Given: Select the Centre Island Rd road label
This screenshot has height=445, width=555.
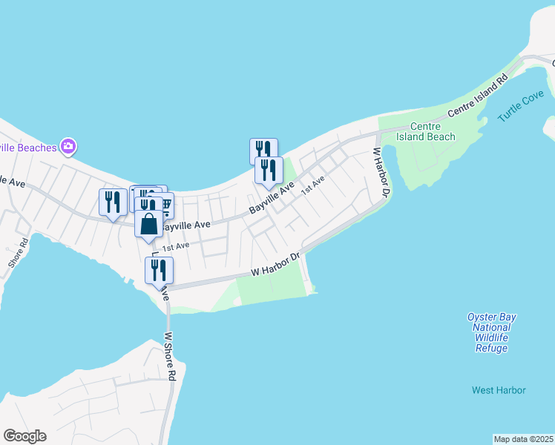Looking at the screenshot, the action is (479, 96).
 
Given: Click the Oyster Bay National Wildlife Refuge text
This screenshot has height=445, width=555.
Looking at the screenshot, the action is (492, 332).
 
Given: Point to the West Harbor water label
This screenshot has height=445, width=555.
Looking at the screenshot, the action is (499, 390).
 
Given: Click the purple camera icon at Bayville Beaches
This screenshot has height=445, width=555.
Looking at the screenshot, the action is (68, 146).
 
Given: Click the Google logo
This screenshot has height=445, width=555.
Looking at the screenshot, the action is (24, 436).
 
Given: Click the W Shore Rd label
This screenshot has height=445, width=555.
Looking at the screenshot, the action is (170, 356).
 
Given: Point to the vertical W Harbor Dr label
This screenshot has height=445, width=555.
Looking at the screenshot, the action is (381, 172).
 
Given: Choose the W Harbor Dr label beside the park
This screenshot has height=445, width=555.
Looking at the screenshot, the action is (274, 265).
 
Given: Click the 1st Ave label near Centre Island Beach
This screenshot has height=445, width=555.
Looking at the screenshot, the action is (312, 185).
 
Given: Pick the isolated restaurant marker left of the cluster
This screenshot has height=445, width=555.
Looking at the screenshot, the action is (113, 202).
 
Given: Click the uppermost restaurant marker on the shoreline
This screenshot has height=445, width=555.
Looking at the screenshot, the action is (263, 151).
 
